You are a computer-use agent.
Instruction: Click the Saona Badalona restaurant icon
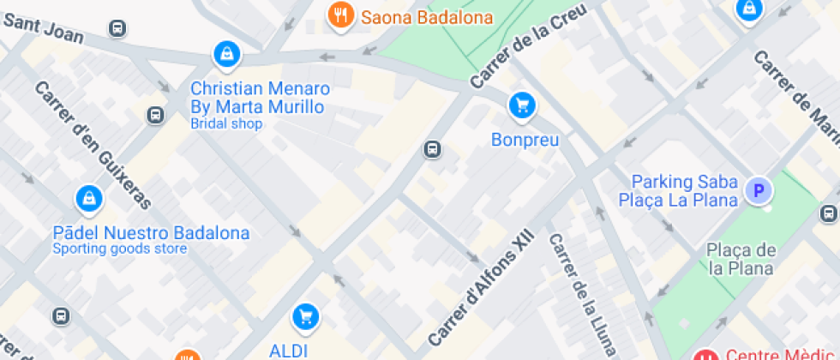click(341, 15)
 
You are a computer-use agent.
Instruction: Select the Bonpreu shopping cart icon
click(522, 106)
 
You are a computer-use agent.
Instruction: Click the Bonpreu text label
click(525, 139)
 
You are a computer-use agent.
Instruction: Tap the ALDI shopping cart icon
click(304, 317)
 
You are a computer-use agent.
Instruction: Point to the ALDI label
click(289, 350)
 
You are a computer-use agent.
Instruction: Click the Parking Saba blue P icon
click(757, 190)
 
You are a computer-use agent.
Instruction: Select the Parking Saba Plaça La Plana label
click(685, 191)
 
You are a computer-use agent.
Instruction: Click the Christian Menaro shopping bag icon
click(226, 55)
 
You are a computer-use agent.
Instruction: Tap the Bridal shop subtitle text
click(226, 123)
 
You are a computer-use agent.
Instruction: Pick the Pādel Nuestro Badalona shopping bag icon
click(88, 200)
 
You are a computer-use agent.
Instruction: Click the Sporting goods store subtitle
click(120, 249)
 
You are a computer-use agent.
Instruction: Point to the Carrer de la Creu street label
click(528, 45)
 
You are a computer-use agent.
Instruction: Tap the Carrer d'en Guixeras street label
click(93, 145)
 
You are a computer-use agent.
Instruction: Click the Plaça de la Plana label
click(741, 259)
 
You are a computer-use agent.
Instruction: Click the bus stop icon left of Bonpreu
click(433, 150)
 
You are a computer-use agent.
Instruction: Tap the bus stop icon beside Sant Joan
click(117, 28)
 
